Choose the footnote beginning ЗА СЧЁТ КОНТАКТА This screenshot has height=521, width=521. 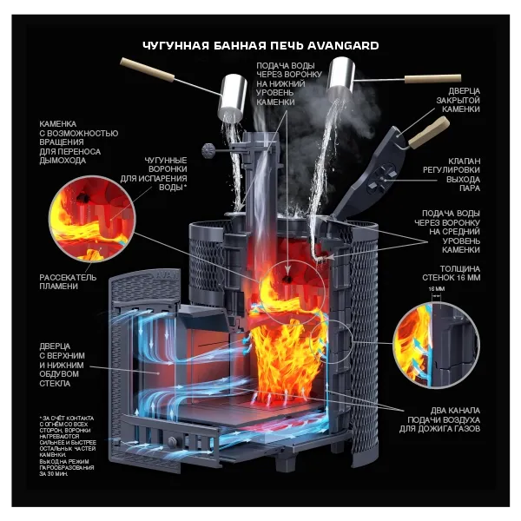pyautogui.click(x=69, y=442)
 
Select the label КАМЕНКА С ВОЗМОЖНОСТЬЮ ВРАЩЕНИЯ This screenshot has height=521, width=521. pyautogui.click(x=78, y=144)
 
